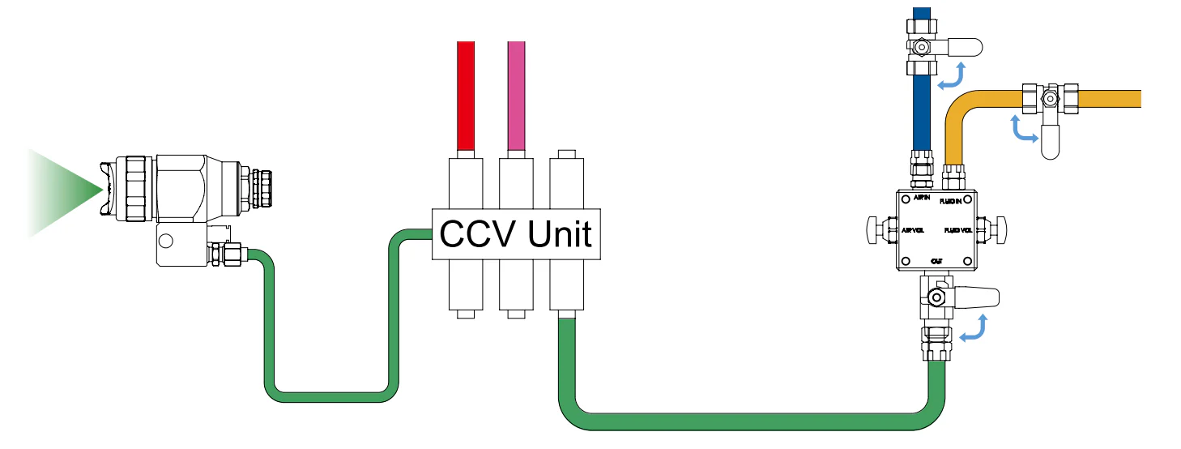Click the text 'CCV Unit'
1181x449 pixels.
tap(516, 235)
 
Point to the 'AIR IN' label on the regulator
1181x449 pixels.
tap(922, 198)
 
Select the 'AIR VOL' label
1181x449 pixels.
tap(914, 230)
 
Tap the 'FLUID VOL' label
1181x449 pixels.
tap(958, 231)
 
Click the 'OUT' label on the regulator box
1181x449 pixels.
tap(936, 260)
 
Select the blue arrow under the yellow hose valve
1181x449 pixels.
tap(1023, 129)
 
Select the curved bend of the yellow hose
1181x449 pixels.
tap(960, 109)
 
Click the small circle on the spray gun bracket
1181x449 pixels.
tap(166, 241)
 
